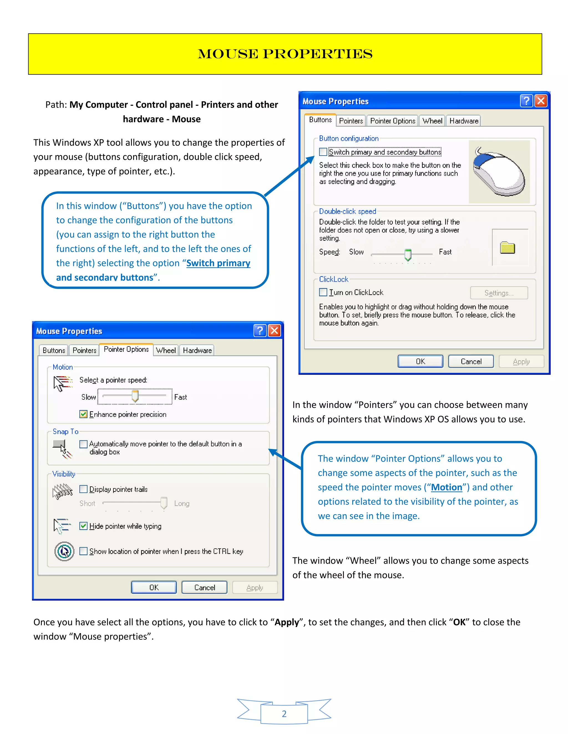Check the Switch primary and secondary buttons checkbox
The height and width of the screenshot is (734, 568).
(323, 152)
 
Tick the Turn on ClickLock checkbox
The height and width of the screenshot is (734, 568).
(323, 292)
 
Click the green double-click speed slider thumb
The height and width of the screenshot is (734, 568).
(408, 255)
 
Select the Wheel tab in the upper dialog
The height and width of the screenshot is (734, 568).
(432, 121)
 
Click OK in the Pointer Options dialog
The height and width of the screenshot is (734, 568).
(154, 587)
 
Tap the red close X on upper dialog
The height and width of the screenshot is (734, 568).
(541, 101)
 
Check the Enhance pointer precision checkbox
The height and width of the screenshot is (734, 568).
(83, 414)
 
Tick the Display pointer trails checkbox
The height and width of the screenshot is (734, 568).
(83, 489)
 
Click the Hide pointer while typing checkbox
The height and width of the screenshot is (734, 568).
(83, 526)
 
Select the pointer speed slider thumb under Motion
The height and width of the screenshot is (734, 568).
(135, 396)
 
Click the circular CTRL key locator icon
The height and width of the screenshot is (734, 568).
(64, 551)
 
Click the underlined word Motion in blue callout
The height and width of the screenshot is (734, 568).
(447, 487)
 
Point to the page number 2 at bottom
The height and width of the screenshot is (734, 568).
(284, 714)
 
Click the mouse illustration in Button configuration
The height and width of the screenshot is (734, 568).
(499, 172)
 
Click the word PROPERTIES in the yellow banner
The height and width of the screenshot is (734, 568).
(317, 54)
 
